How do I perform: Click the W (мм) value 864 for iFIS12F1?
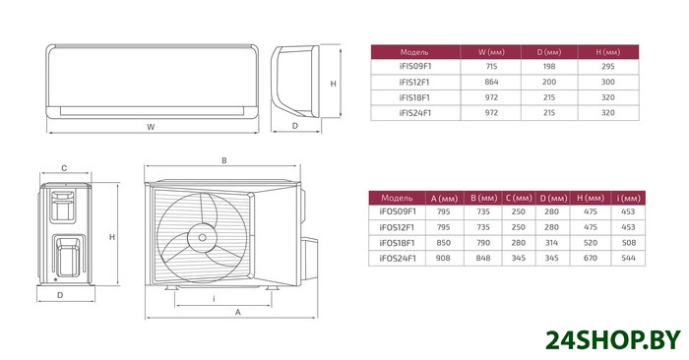tap(491, 82)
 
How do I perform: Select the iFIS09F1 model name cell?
tap(415, 67)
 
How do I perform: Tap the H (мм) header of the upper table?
tap(608, 52)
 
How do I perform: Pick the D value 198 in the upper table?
tap(549, 67)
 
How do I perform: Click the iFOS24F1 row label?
tap(398, 258)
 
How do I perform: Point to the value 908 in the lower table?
tap(443, 258)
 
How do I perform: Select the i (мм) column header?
tap(628, 199)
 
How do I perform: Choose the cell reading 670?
tap(591, 258)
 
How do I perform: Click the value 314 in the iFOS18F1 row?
tap(551, 243)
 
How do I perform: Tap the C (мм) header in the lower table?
tap(519, 199)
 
